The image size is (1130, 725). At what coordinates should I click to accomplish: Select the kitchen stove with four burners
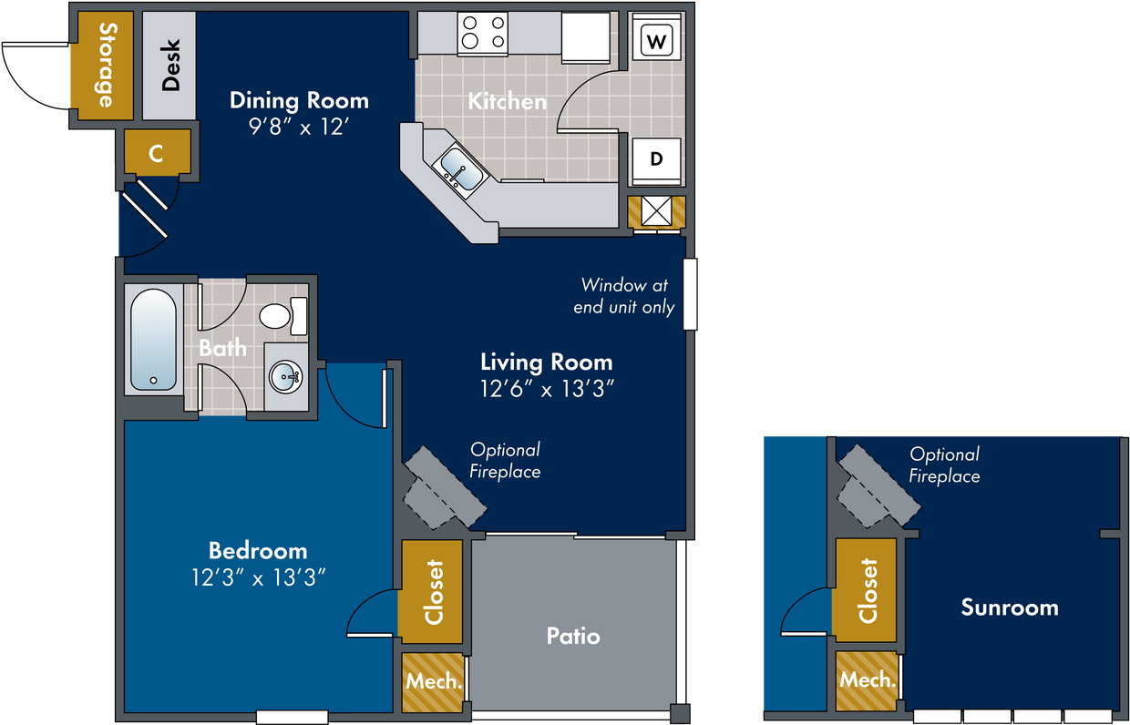[x=483, y=34]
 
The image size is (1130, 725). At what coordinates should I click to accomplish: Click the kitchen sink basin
[x=460, y=168]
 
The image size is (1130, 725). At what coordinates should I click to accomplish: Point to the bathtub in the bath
[x=153, y=339]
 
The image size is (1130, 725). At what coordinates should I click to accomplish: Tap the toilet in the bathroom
[x=283, y=316]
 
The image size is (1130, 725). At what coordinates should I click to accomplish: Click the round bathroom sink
[x=286, y=376]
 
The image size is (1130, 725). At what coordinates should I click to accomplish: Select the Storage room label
[x=107, y=65]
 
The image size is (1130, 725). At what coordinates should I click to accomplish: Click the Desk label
[x=170, y=65]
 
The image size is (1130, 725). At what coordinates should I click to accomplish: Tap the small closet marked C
[x=157, y=152]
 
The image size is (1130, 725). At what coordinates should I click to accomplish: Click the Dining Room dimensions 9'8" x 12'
[x=299, y=127]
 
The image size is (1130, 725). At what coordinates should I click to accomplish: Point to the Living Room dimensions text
[x=547, y=389]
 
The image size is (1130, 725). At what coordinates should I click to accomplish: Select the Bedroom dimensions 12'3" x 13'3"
[x=258, y=577]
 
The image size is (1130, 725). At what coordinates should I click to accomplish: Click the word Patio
[x=573, y=637]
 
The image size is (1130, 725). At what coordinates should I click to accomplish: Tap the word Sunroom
[x=1010, y=608]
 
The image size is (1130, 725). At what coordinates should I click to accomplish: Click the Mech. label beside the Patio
[x=434, y=681]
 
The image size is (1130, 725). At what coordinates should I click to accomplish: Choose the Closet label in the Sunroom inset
[x=868, y=590]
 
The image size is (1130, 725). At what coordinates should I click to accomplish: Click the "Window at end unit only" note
[x=624, y=296]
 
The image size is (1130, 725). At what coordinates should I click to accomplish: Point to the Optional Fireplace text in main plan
[x=505, y=460]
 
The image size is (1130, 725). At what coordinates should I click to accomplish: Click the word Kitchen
[x=508, y=101]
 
